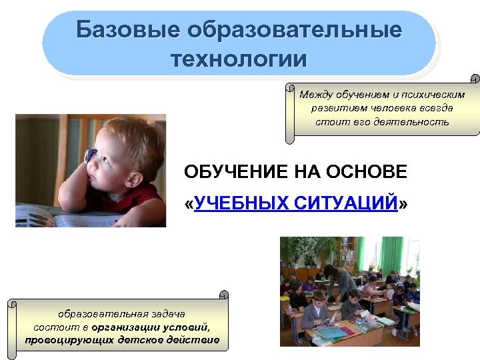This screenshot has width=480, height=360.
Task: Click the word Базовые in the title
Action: pyautogui.click(x=127, y=31)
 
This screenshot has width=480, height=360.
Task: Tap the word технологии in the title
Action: pyautogui.click(x=239, y=59)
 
